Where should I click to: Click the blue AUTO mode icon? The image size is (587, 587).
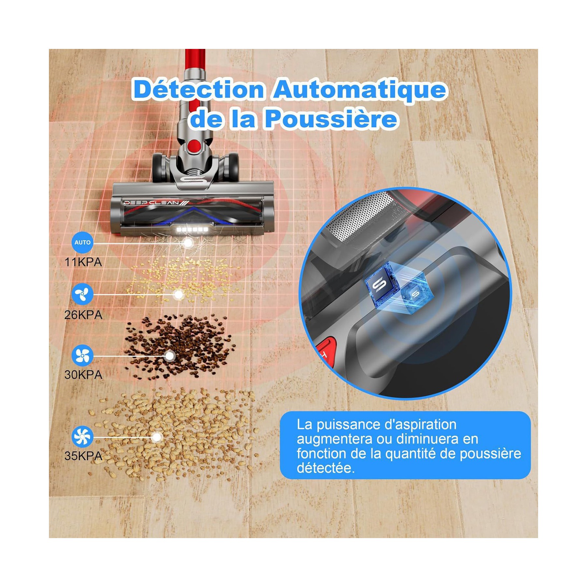pyautogui.click(x=83, y=243)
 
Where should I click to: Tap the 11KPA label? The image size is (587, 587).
pyautogui.click(x=83, y=262)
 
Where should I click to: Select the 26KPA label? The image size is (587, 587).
pyautogui.click(x=83, y=315)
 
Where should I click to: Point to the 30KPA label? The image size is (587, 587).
pyautogui.click(x=83, y=375)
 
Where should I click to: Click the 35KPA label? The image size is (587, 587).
pyautogui.click(x=83, y=456)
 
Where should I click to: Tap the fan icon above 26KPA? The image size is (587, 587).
pyautogui.click(x=83, y=294)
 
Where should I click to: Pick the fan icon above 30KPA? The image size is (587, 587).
pyautogui.click(x=83, y=355)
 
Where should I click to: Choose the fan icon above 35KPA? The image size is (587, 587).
pyautogui.click(x=83, y=436)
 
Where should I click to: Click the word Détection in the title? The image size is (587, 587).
pyautogui.click(x=199, y=89)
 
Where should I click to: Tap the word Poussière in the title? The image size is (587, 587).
pyautogui.click(x=331, y=119)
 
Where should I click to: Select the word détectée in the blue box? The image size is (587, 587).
pyautogui.click(x=325, y=468)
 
